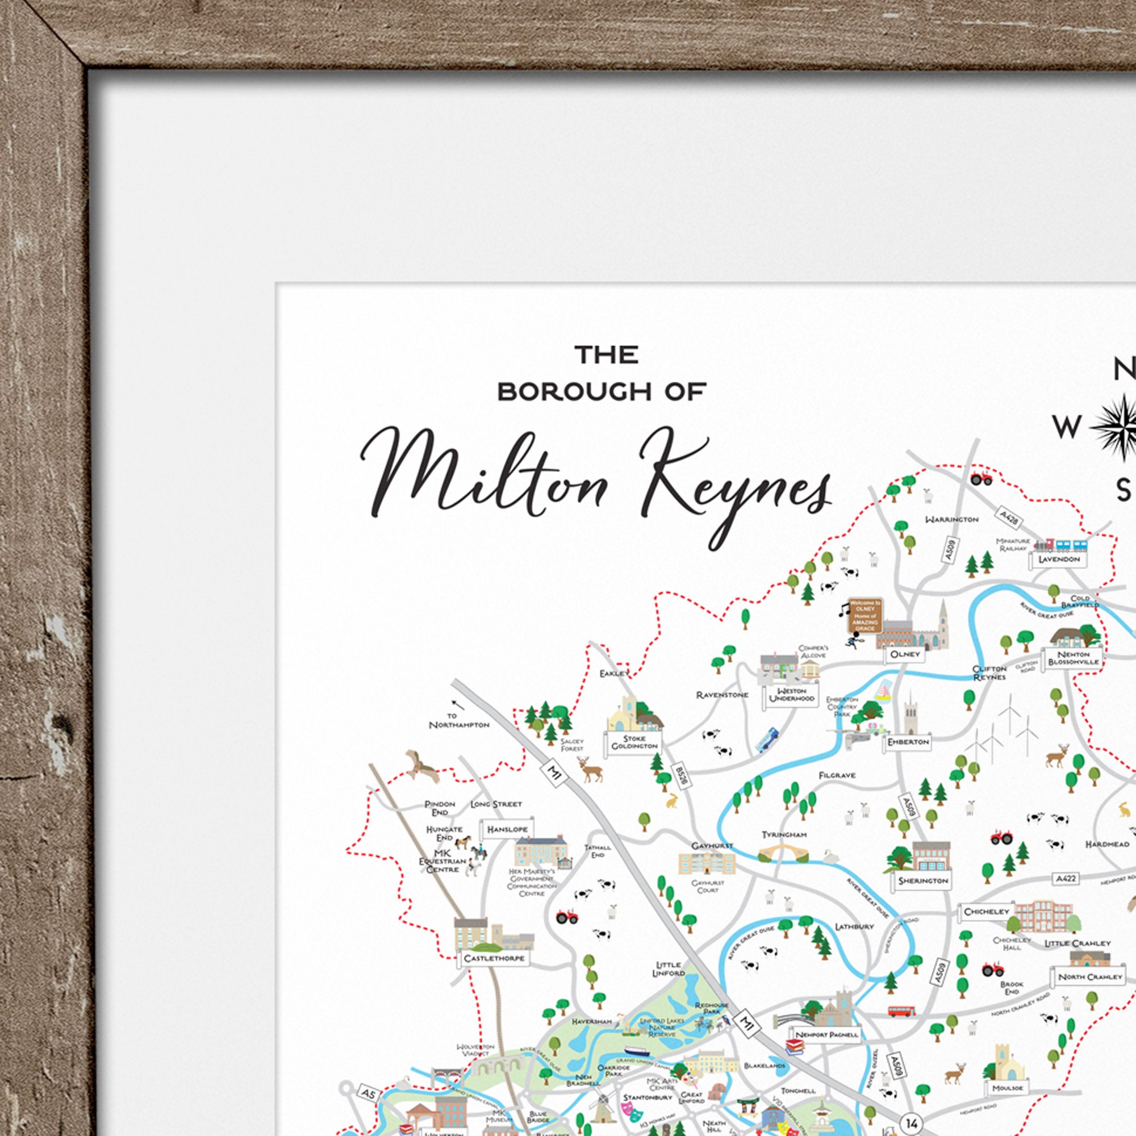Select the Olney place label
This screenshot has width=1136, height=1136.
(905, 654)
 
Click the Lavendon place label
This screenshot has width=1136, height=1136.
(1059, 559)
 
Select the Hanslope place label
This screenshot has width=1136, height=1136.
(507, 829)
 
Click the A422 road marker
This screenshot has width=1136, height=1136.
(1066, 895)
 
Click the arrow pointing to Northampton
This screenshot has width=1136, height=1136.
(458, 704)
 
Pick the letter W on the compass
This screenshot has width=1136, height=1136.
(1066, 428)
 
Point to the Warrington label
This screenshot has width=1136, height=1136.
(951, 519)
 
